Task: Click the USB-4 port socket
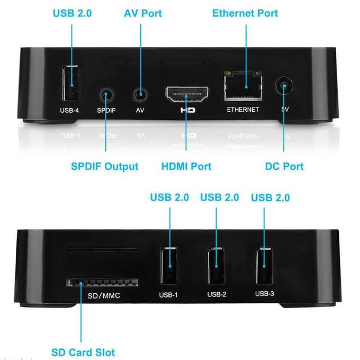pyautogui.click(x=70, y=83)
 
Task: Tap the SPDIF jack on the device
pyautogui.click(x=106, y=95)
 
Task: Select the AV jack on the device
pyautogui.click(x=140, y=95)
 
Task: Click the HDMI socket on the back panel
pyautogui.click(x=187, y=94)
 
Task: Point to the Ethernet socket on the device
pyautogui.click(x=243, y=86)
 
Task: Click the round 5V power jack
pyautogui.click(x=284, y=86)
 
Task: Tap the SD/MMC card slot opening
pyautogui.click(x=102, y=282)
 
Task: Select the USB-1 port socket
pyautogui.click(x=168, y=266)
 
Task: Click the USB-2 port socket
pyautogui.click(x=216, y=266)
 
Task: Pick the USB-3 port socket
pyautogui.click(x=264, y=265)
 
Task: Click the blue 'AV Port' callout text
pyautogui.click(x=143, y=13)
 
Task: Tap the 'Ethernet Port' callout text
pyautogui.click(x=245, y=13)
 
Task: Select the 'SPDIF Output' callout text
pyautogui.click(x=105, y=166)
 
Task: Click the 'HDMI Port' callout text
pyautogui.click(x=186, y=166)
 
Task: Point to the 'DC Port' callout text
pyautogui.click(x=284, y=166)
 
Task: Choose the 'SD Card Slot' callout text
pyautogui.click(x=83, y=353)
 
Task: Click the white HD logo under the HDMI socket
pyautogui.click(x=188, y=110)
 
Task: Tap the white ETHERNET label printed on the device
pyautogui.click(x=243, y=110)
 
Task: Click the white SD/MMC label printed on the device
pyautogui.click(x=104, y=295)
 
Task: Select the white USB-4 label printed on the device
pyautogui.click(x=69, y=111)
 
